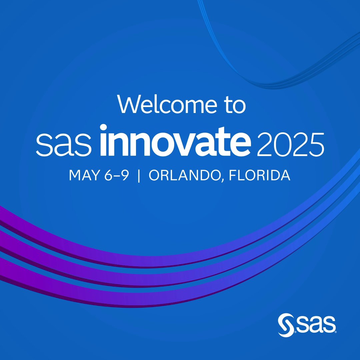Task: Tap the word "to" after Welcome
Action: pyautogui.click(x=235, y=105)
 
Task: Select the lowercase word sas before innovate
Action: pyautogui.click(x=64, y=145)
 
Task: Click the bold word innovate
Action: pyautogui.click(x=175, y=141)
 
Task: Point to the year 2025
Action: pyautogui.click(x=290, y=144)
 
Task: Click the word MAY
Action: pyautogui.click(x=85, y=175)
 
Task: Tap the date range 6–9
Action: pyautogui.click(x=117, y=175)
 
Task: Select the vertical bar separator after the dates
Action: pyautogui.click(x=139, y=176)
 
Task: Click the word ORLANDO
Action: pyautogui.click(x=185, y=175)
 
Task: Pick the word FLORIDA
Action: pyautogui.click(x=260, y=175)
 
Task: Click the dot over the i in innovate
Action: pyautogui.click(x=103, y=128)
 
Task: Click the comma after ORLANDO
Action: pyautogui.click(x=222, y=180)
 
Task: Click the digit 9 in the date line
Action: pyautogui.click(x=125, y=175)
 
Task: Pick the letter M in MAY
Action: pyautogui.click(x=75, y=175)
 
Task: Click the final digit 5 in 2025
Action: pyautogui.click(x=316, y=145)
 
